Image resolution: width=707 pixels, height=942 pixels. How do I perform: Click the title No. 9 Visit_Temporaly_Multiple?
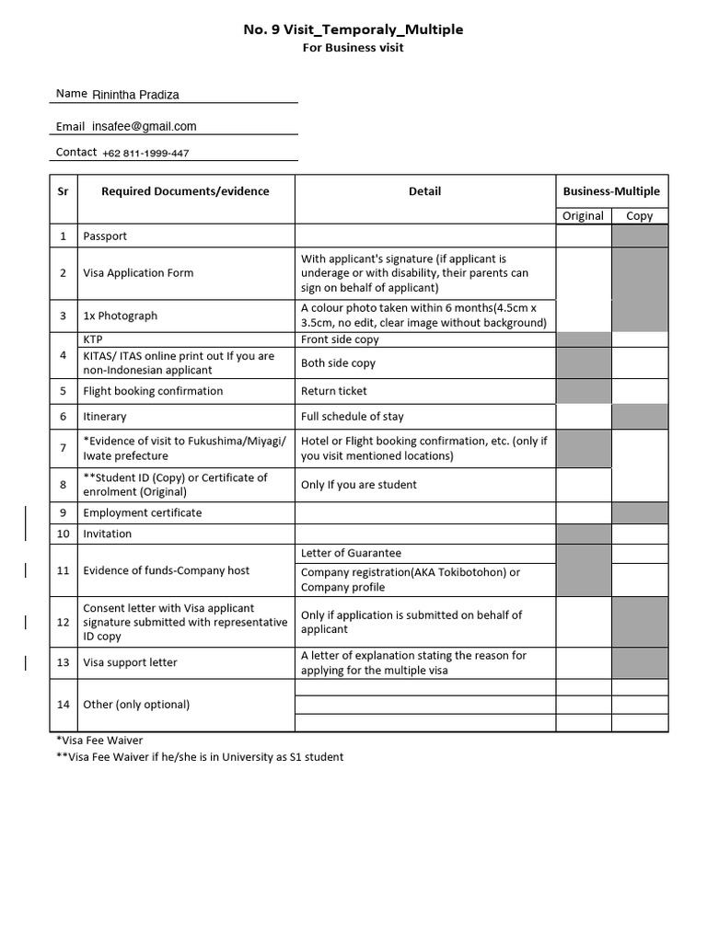click(x=353, y=29)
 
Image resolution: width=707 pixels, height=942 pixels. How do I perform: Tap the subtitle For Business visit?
click(x=353, y=48)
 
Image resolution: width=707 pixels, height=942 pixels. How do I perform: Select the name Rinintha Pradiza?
click(x=135, y=94)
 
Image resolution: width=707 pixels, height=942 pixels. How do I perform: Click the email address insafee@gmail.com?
click(x=145, y=126)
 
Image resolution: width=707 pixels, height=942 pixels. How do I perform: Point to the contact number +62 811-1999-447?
click(x=145, y=153)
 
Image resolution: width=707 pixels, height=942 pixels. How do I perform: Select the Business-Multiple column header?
click(x=611, y=191)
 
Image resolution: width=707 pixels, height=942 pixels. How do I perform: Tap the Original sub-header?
click(x=583, y=216)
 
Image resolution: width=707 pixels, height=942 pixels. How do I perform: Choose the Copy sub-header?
click(x=639, y=216)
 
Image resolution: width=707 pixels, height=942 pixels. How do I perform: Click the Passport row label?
click(x=105, y=236)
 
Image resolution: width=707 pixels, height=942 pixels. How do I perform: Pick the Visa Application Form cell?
click(x=138, y=273)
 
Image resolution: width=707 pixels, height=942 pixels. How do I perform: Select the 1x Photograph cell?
click(x=121, y=316)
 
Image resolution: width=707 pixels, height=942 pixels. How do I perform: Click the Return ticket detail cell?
click(x=334, y=391)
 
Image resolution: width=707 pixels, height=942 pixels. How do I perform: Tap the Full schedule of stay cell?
click(x=353, y=417)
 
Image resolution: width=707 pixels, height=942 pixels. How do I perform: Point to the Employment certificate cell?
click(x=143, y=513)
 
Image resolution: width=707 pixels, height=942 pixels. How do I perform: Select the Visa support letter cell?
click(x=131, y=662)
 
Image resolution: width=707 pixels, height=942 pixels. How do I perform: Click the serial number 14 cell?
click(x=63, y=705)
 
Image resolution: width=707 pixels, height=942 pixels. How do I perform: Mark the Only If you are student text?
click(x=359, y=485)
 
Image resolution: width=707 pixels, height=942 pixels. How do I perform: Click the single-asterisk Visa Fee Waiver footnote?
click(x=99, y=741)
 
